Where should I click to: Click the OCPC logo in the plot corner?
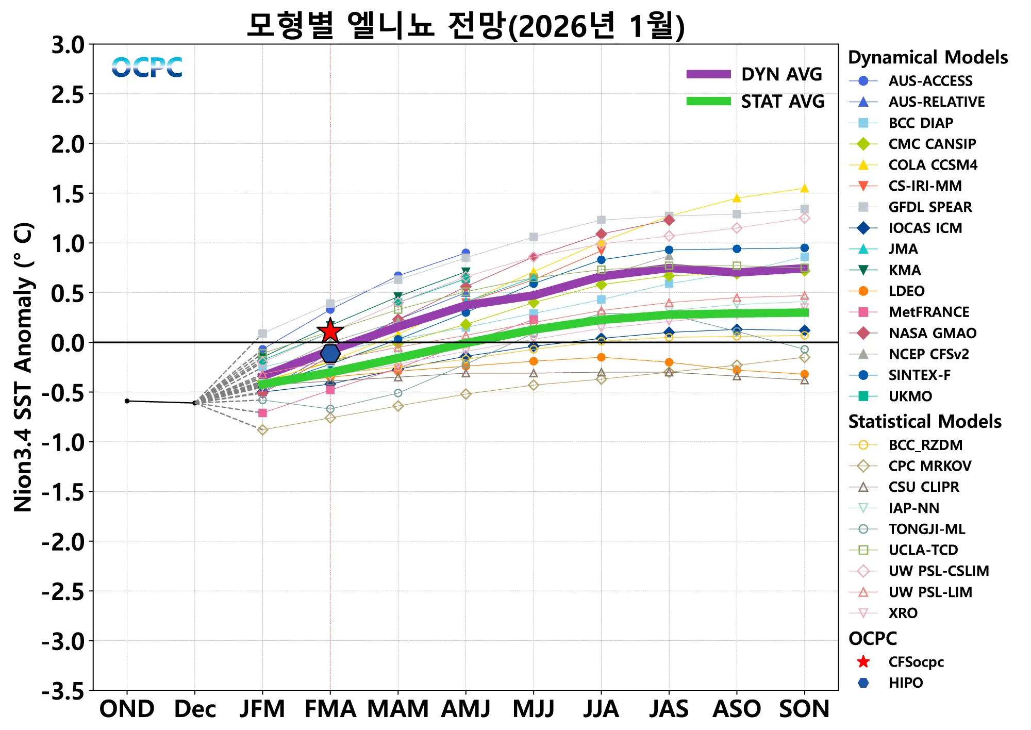[147, 68]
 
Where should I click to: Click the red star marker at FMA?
[330, 331]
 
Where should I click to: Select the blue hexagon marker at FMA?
[330, 354]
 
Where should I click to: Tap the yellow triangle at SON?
[804, 189]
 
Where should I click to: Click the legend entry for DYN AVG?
[755, 74]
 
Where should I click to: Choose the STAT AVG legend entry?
[755, 102]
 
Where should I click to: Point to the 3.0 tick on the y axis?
[68, 45]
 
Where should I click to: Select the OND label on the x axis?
[127, 709]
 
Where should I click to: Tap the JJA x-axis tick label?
[601, 709]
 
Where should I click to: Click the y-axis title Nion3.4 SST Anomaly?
[24, 367]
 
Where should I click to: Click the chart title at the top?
[465, 26]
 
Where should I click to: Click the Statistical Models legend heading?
[925, 422]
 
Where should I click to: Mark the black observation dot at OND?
[127, 401]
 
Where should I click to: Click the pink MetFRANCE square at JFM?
[262, 413]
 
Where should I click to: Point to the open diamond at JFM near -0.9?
[262, 429]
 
